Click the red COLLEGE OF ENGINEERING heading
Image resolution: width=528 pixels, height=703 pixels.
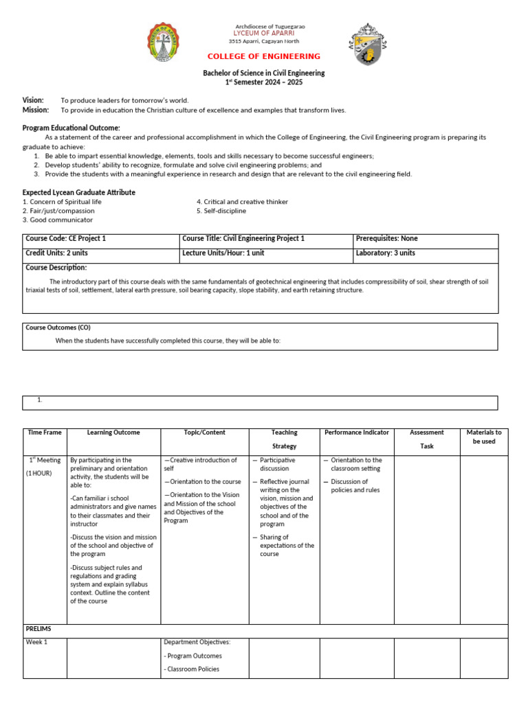(x=264, y=56)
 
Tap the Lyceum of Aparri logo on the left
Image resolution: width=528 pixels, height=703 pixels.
(x=164, y=43)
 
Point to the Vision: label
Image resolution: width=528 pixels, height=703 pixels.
(x=33, y=100)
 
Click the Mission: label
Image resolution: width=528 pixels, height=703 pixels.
(x=36, y=110)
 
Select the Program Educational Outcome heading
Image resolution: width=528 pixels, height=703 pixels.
(x=71, y=128)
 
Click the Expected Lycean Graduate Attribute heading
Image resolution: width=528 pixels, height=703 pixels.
(x=78, y=193)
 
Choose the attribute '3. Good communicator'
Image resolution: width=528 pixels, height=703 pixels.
(x=58, y=220)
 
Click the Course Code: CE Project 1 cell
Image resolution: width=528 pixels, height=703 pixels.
(x=66, y=239)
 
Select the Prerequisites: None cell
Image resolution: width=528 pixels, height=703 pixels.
(x=386, y=239)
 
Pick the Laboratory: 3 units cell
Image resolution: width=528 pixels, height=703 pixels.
(x=385, y=253)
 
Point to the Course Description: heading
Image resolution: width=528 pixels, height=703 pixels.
(x=56, y=268)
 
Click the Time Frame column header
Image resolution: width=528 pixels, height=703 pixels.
(x=45, y=433)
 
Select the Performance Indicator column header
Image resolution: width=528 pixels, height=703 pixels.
(x=357, y=433)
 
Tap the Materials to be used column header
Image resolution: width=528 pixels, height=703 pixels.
(x=484, y=437)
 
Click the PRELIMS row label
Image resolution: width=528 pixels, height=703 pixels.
(x=38, y=629)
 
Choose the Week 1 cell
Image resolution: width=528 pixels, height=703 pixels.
(x=36, y=643)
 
